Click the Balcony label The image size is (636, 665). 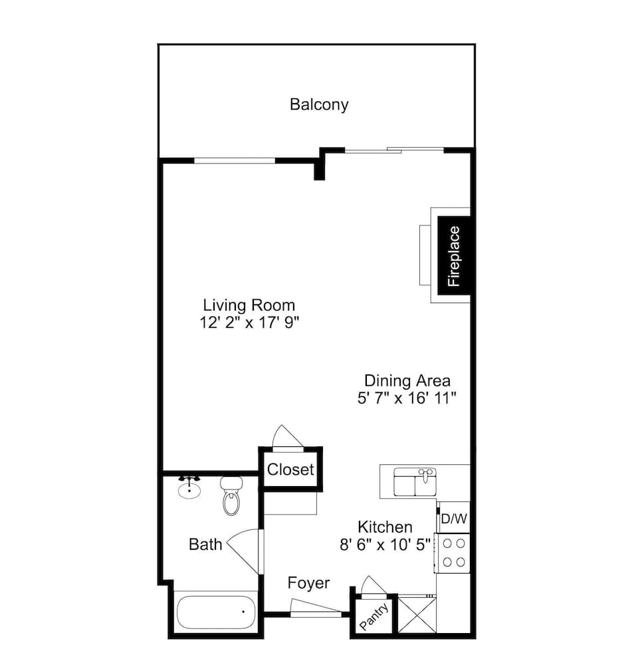coord(319,104)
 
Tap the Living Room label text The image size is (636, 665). coord(249,305)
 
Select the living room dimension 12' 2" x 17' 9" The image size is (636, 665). coord(249,323)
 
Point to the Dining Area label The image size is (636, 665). coord(407,381)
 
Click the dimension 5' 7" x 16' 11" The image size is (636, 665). coord(407,398)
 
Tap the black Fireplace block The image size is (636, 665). coord(454,255)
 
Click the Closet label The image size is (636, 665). coord(290,469)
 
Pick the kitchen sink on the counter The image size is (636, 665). coord(414,482)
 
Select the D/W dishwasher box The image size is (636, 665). coord(453,517)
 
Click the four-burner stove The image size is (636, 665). coord(453,553)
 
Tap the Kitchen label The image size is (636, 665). coord(385,527)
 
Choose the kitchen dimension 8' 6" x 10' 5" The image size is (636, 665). coord(385,544)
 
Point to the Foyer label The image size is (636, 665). coord(308,583)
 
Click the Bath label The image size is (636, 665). coord(205,545)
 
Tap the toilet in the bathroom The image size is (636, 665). coord(231,497)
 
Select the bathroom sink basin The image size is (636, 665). coord(190,489)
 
